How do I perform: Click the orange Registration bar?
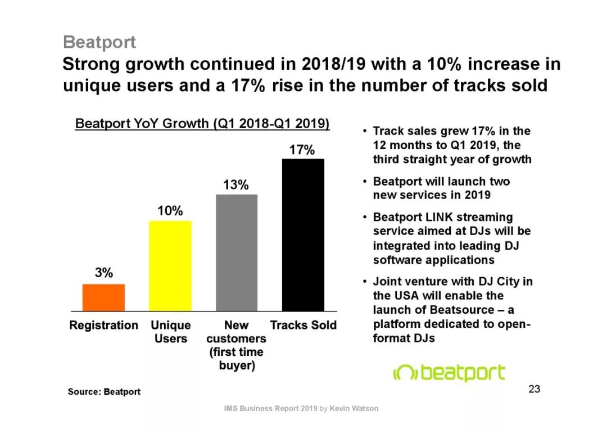click(103, 297)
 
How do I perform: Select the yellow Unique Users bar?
click(170, 265)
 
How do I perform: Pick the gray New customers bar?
click(237, 252)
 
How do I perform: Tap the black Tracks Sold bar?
click(303, 234)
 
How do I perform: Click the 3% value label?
click(103, 273)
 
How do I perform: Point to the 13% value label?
click(237, 185)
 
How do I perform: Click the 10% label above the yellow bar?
click(170, 211)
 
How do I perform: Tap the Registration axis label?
click(103, 325)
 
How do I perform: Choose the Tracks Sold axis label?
click(303, 325)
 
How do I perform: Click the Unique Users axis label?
click(171, 332)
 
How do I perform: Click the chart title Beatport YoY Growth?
click(202, 123)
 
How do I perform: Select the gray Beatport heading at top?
click(99, 42)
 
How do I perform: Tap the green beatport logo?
click(449, 373)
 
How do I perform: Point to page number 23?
click(534, 389)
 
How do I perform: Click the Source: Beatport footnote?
click(104, 391)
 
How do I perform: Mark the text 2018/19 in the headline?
click(333, 64)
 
